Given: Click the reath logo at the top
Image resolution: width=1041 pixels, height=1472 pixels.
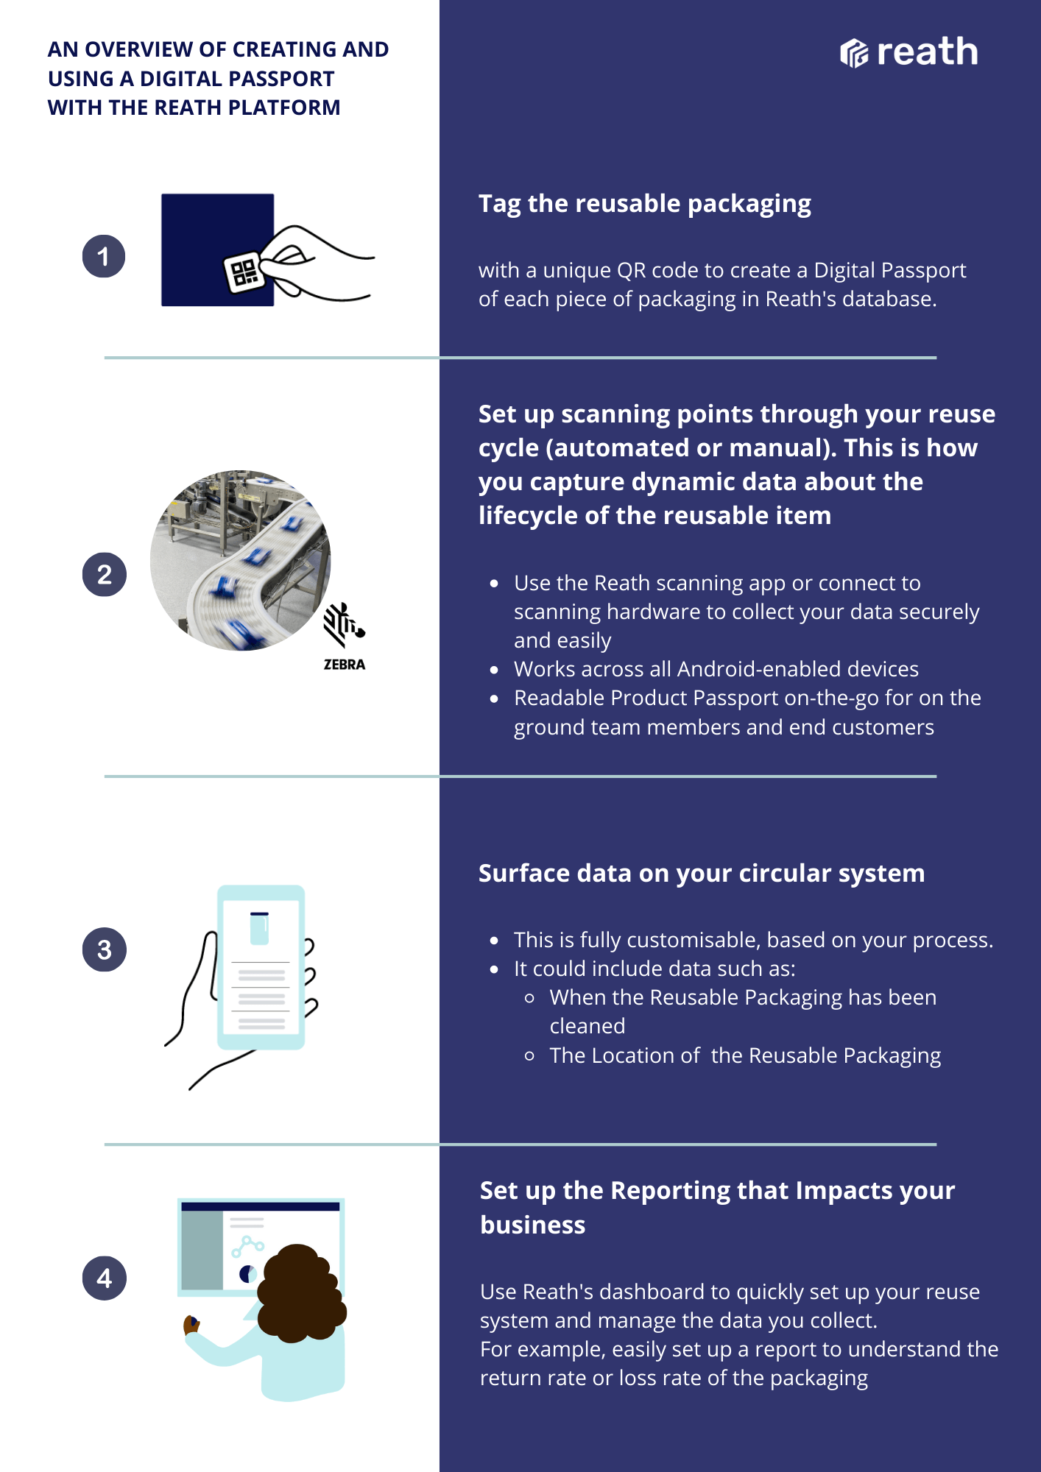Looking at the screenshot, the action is tap(909, 52).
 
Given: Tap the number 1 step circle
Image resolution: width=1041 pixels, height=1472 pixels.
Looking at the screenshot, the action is tap(104, 256).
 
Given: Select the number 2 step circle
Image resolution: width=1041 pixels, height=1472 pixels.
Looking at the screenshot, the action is tap(104, 574).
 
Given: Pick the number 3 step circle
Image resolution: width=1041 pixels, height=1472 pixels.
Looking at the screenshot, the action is tap(104, 949).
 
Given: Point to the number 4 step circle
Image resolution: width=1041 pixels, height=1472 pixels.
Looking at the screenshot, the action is tap(104, 1278).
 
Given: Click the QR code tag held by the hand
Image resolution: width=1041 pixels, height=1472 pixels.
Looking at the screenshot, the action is tap(244, 272).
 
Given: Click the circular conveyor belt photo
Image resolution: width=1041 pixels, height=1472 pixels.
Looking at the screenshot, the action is tap(240, 560).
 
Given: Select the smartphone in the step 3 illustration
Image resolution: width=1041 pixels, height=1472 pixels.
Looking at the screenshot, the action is tap(261, 967).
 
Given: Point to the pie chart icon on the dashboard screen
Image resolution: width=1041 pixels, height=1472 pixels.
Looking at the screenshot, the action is tap(248, 1274).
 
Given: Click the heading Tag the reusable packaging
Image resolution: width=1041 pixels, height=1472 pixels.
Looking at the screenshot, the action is tap(645, 204).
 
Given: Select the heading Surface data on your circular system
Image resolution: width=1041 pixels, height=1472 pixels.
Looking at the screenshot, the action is tap(702, 874).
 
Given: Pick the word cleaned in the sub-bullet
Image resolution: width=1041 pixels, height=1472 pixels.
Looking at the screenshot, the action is tap(587, 1026).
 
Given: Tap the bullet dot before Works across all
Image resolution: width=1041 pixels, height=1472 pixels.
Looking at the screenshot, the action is tap(495, 670).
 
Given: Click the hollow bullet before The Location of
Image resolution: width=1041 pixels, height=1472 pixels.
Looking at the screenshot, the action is tap(529, 1055).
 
